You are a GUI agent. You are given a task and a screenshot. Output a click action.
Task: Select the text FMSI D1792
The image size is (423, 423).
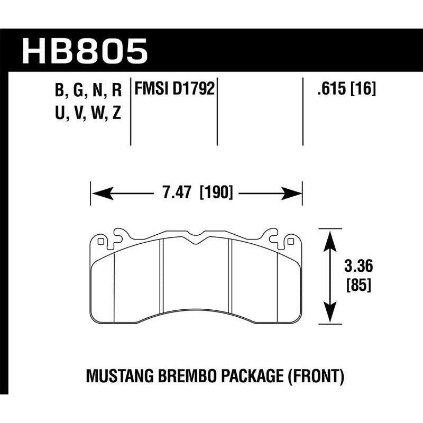pyautogui.click(x=175, y=89)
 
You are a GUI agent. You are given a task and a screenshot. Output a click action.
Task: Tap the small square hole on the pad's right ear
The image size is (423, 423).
pyautogui.click(x=290, y=242)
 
